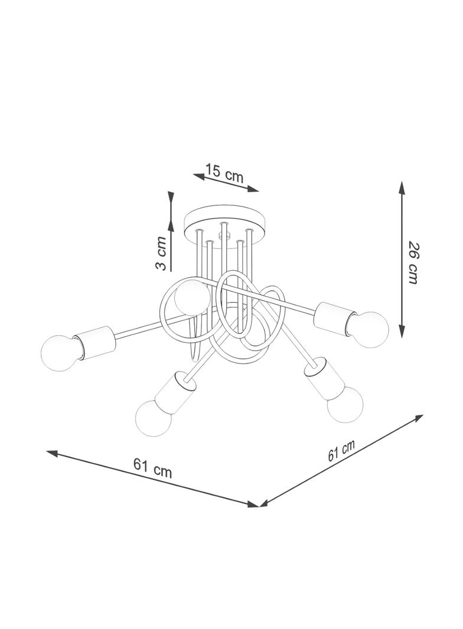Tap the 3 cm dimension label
[161, 253]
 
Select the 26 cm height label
[413, 263]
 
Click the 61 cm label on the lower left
[152, 468]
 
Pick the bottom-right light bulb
[344, 405]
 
